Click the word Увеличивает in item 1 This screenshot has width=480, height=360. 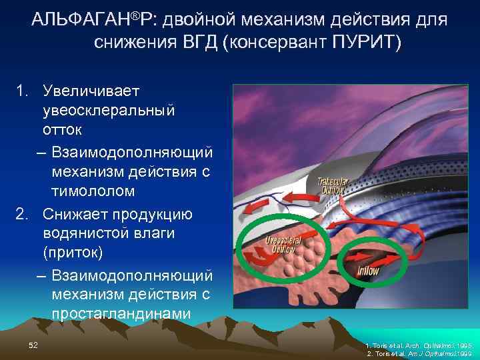pos(87,89)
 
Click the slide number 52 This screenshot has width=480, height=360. pos(33,344)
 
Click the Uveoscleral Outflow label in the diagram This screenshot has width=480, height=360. pos(283,244)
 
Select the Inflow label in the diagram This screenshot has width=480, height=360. pos(369,270)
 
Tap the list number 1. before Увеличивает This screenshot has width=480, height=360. pos(23,89)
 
